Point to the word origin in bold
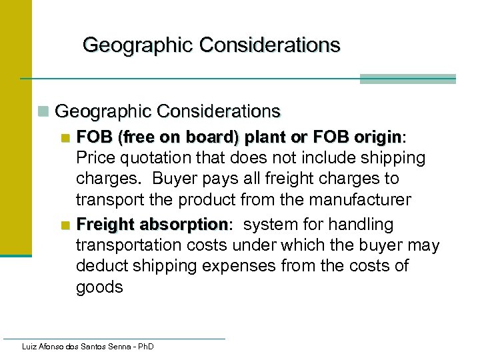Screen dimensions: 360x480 coord(378,137)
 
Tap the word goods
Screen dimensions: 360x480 coord(99,287)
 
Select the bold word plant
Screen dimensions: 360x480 coord(265,137)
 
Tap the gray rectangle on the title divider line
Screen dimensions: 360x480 coord(407,79)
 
